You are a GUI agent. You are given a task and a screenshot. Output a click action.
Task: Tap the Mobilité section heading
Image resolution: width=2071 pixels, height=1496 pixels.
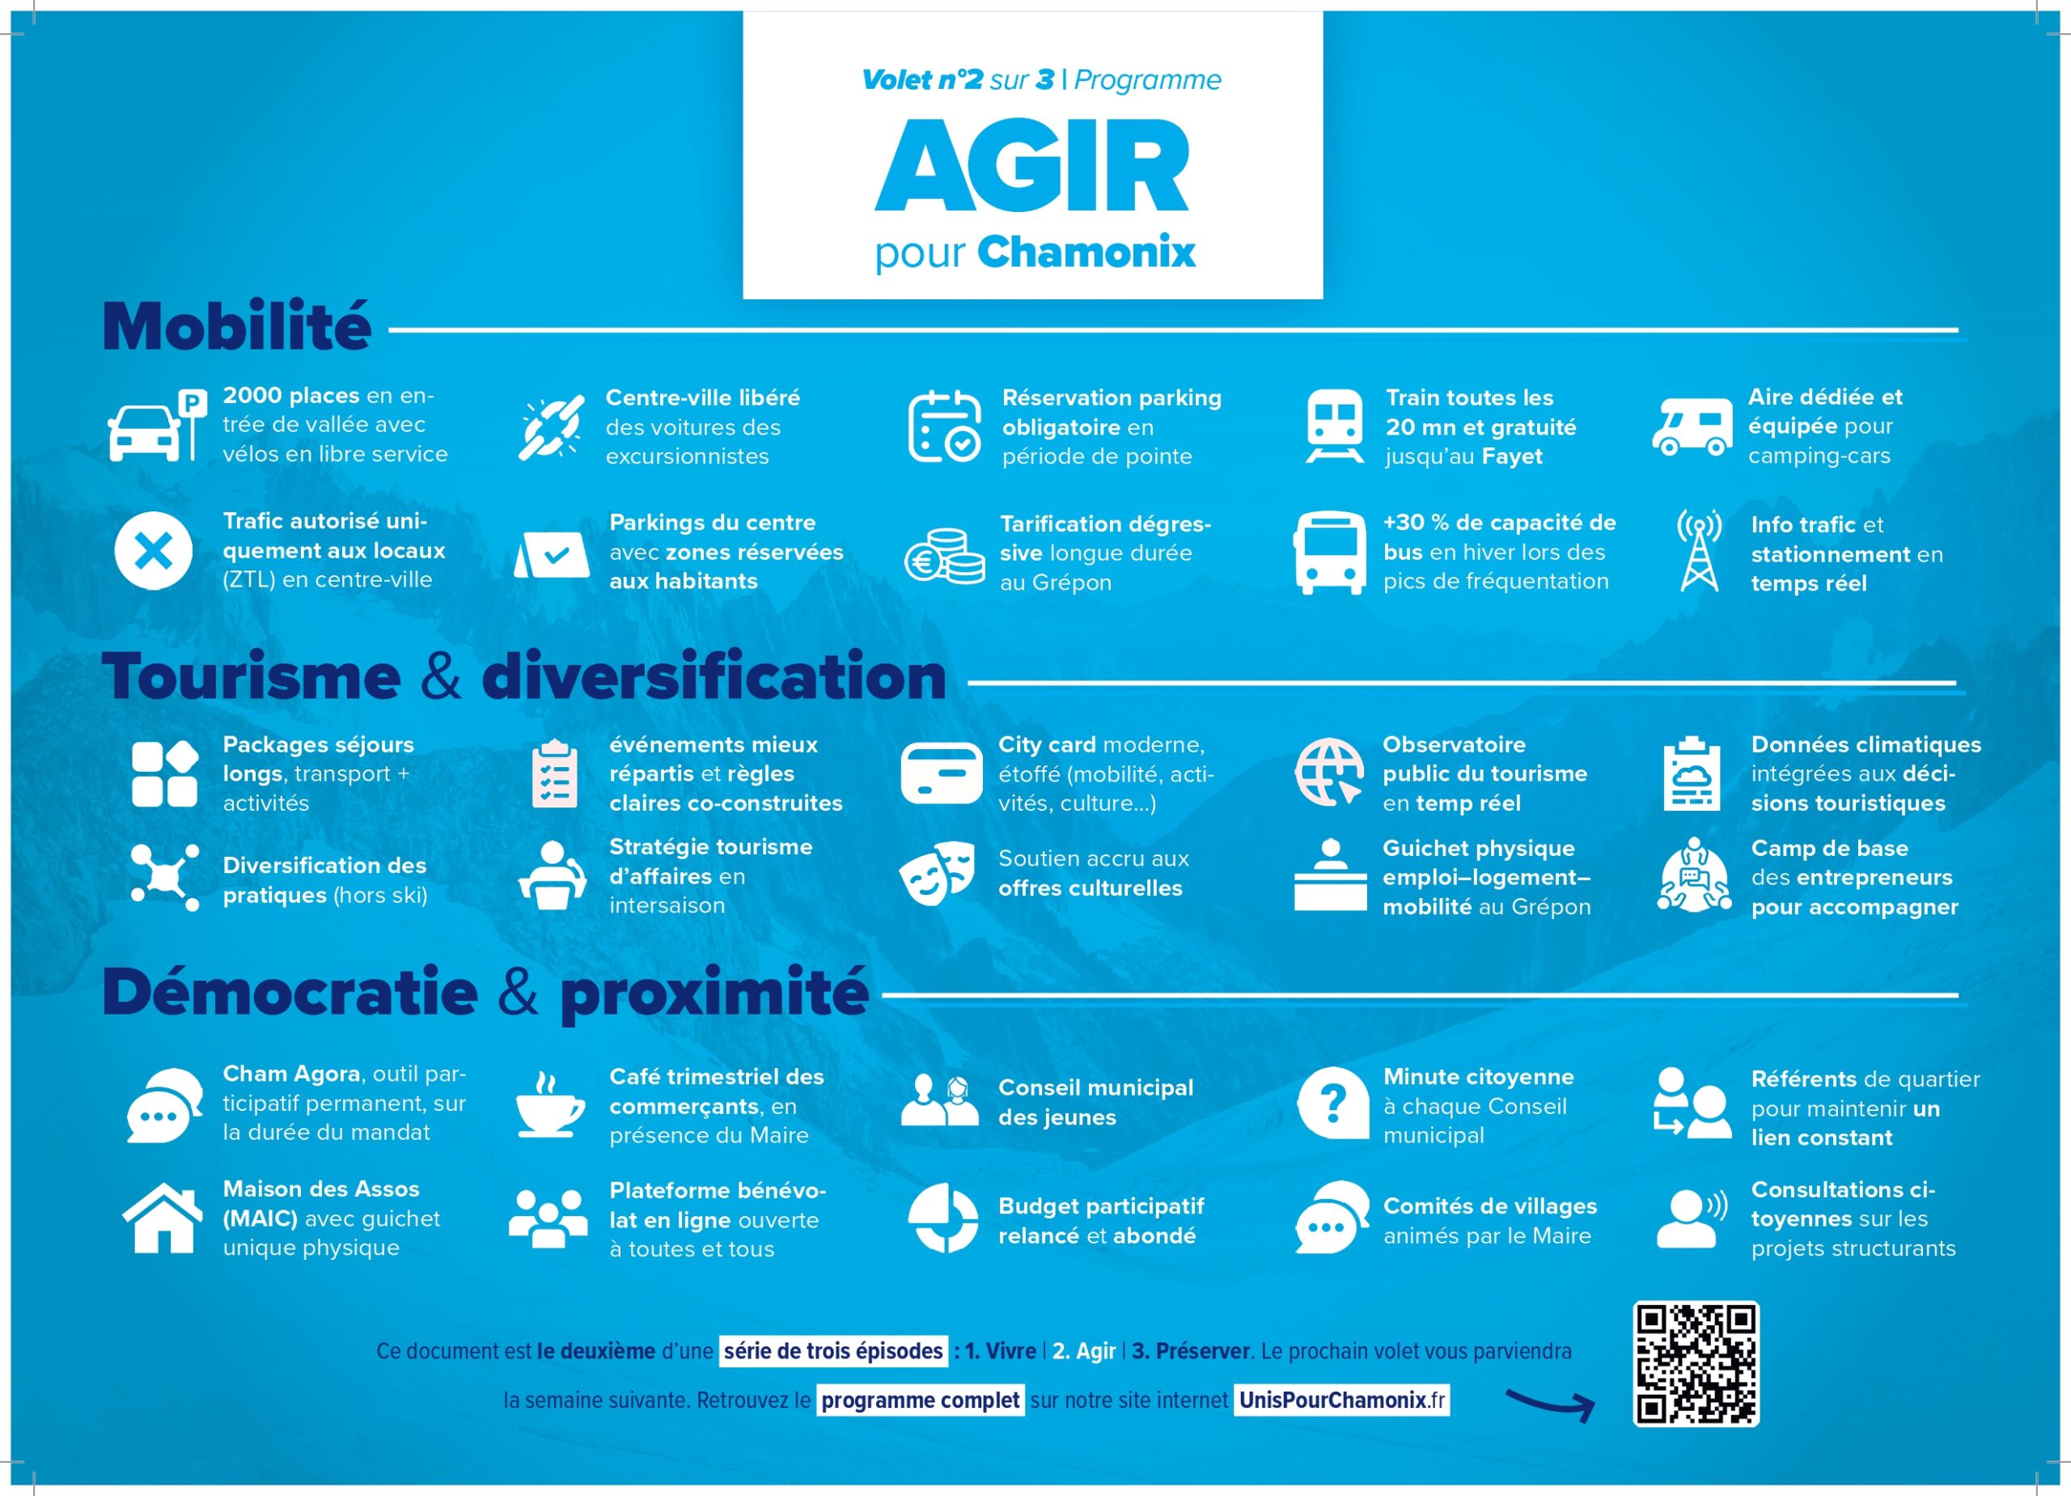point(236,326)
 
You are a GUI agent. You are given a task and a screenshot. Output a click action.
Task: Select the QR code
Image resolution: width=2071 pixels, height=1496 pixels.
point(1696,1363)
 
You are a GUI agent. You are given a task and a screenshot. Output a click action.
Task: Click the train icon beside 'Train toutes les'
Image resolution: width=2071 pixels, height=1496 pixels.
point(1334,426)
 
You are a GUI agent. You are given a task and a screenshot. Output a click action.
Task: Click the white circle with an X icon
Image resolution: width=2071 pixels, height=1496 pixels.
point(154,551)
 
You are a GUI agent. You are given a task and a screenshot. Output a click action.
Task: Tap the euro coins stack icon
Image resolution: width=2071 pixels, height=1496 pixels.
point(944,555)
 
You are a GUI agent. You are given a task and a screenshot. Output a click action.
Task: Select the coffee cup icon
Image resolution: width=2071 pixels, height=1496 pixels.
point(548,1105)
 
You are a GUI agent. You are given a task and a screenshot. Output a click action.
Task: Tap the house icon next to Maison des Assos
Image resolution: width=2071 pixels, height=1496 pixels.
point(163,1218)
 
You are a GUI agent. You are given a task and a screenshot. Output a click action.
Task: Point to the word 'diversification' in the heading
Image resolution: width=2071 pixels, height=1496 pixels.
point(714,676)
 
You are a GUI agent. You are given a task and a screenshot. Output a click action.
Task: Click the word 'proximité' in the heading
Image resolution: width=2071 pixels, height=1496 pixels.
point(714,993)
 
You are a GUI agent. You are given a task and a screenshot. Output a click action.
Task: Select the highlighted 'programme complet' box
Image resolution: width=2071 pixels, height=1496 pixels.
point(920,1400)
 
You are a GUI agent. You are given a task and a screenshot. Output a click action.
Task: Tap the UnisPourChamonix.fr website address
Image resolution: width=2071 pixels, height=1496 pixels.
point(1341,1400)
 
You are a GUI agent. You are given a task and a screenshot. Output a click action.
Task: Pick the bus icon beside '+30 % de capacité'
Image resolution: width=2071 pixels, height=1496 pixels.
point(1329,552)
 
